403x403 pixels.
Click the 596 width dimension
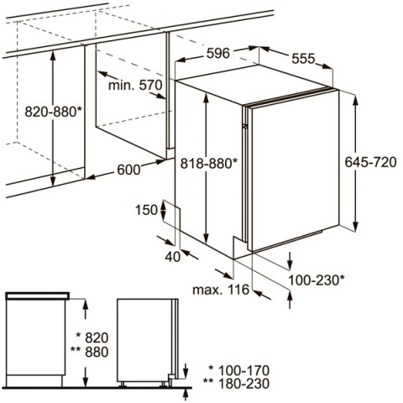[x=218, y=53]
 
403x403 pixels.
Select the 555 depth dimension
[x=303, y=59]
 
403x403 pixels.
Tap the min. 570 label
[x=135, y=85]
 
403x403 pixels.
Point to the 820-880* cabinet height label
[x=53, y=112]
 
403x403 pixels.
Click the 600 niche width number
[x=128, y=170]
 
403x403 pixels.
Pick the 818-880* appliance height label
[x=209, y=164]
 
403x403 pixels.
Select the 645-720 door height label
[x=370, y=162]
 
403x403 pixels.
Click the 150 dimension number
[x=146, y=210]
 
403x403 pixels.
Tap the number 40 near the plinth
[x=173, y=256]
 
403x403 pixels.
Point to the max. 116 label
[x=221, y=290]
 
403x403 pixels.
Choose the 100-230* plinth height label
[x=317, y=280]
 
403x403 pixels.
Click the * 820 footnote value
[x=92, y=338]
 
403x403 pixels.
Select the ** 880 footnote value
[x=89, y=352]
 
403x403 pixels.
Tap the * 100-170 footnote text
[x=239, y=370]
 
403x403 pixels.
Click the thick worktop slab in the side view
[x=38, y=296]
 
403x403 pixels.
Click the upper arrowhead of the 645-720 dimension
[x=355, y=100]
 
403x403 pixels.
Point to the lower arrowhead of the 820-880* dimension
[x=53, y=181]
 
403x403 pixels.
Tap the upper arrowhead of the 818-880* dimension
[x=207, y=97]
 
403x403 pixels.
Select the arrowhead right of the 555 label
[x=327, y=66]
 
